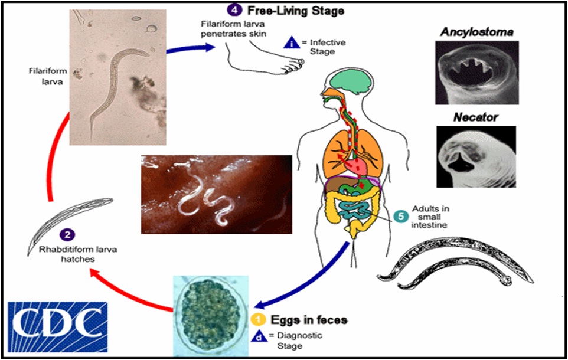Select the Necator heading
(x=475, y=117)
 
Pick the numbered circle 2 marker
(x=68, y=234)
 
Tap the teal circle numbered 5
(x=401, y=217)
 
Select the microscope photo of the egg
(x=210, y=313)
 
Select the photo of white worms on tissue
(x=217, y=194)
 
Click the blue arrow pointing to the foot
(x=188, y=49)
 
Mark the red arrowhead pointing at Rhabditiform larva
(x=94, y=272)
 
